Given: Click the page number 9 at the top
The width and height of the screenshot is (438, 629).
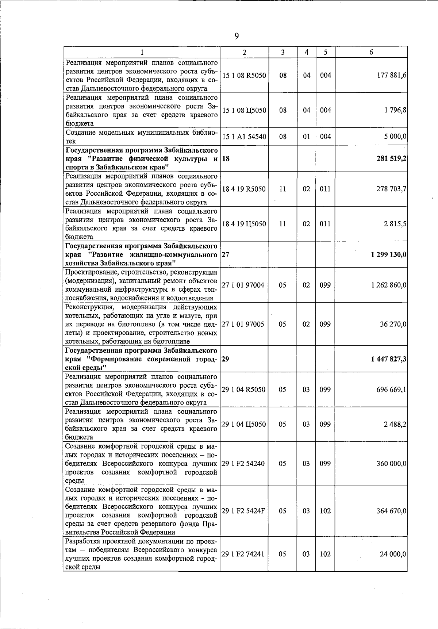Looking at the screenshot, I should (x=237, y=36).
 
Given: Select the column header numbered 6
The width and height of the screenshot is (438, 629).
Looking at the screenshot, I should (x=371, y=52).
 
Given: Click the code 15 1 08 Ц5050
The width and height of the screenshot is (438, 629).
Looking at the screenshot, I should (x=244, y=110).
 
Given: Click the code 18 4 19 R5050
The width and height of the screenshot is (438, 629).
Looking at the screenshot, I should (x=244, y=189).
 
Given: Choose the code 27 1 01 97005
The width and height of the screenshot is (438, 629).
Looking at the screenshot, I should (x=243, y=324).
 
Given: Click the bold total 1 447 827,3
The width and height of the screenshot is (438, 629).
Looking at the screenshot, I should (x=389, y=359).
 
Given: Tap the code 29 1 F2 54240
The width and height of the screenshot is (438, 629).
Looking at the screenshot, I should (x=243, y=464).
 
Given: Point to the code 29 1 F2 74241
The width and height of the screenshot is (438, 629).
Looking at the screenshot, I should (x=243, y=554).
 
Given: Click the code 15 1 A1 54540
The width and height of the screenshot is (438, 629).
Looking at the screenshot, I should (x=244, y=137).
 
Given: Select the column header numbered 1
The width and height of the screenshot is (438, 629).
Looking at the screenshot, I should (x=142, y=52).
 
